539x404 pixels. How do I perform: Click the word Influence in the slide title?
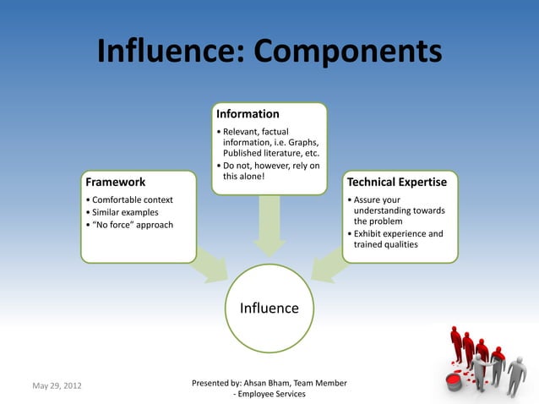coord(168,52)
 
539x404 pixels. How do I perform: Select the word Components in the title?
coord(347,52)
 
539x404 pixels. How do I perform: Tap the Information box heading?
coord(248,114)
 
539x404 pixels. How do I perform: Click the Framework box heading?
coord(116,182)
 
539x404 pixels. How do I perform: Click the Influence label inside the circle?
coord(269,308)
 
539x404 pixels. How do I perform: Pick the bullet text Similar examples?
coord(124,212)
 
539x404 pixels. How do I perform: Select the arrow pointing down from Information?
coord(269,224)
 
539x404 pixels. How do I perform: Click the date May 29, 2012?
coord(57,387)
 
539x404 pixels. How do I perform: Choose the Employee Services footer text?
coord(273,394)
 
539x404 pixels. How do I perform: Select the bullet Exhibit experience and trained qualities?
coord(398,239)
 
